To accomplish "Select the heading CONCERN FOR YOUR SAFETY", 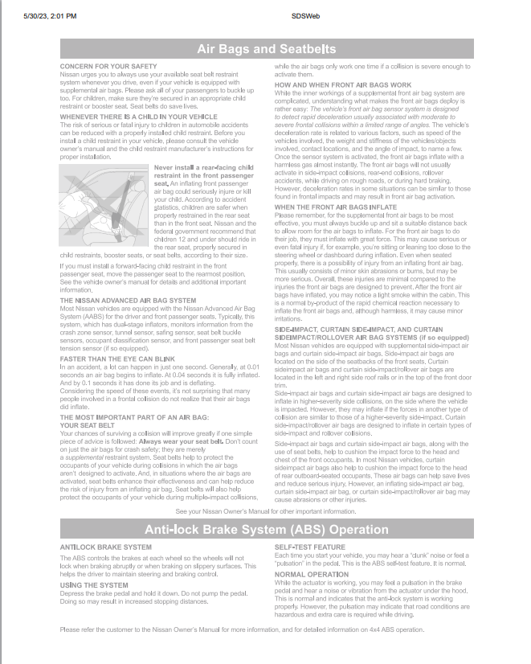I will pyautogui.click(x=108, y=65).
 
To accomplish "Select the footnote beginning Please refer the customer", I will pyautogui.click(x=242, y=629).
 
